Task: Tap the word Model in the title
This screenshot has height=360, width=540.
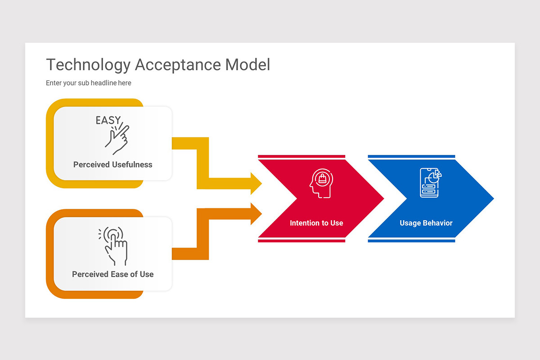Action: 248,65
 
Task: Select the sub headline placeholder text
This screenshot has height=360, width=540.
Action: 89,83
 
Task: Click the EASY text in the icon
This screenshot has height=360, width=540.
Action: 108,120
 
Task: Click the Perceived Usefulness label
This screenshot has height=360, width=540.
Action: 112,165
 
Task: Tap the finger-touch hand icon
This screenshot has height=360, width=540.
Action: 113,245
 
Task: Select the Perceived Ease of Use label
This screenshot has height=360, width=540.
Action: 112,274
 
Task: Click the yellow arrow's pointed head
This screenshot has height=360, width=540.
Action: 257,183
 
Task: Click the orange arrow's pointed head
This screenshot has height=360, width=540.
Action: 257,213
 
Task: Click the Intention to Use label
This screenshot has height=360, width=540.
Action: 316,223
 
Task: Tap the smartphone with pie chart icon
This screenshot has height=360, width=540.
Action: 429,182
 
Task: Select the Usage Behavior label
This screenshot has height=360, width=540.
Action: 426,223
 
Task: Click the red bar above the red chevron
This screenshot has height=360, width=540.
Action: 301,157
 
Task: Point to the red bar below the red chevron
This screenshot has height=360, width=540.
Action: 301,241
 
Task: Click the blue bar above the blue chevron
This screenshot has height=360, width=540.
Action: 411,157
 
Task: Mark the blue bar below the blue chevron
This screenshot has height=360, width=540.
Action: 411,241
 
